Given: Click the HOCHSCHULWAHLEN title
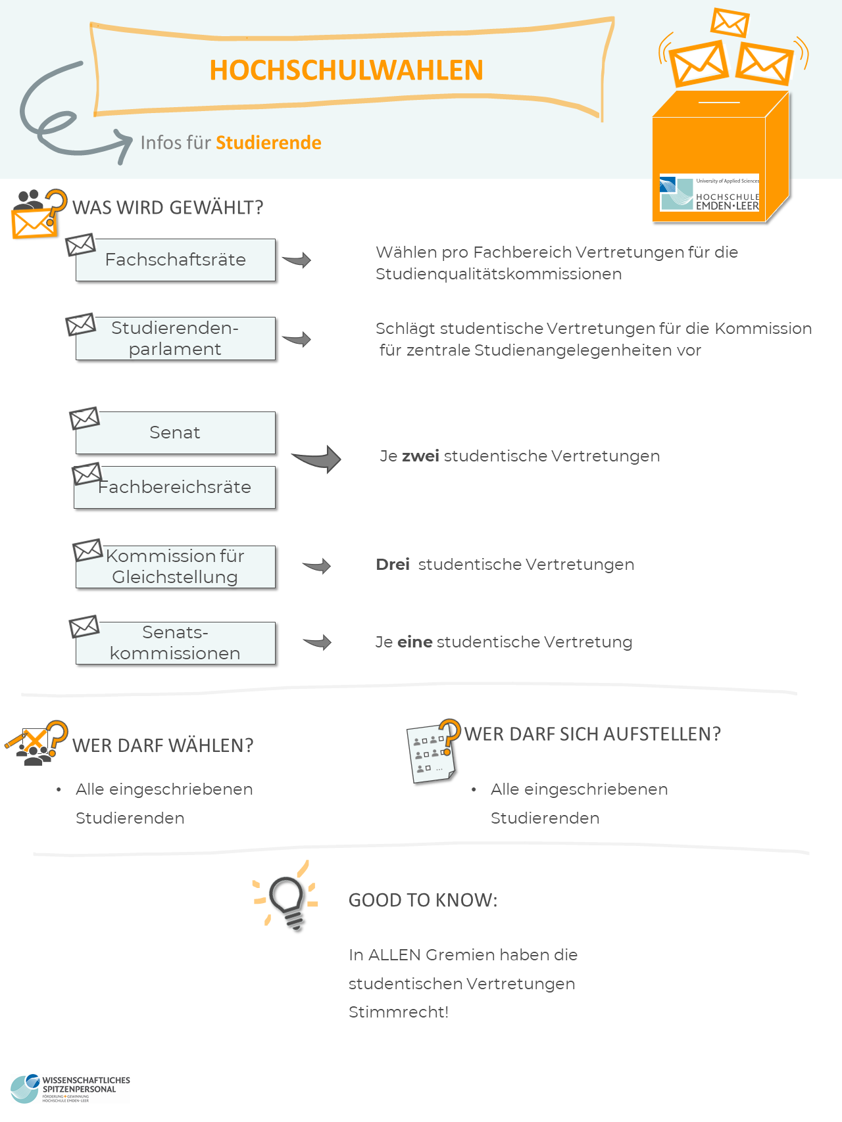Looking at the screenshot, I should coord(346,70).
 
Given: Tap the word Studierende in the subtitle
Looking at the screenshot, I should coord(268,143).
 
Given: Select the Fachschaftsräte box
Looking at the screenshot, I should coord(175,260).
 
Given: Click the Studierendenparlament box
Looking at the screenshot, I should coord(175,339).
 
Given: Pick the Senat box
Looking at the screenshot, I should coord(175,432).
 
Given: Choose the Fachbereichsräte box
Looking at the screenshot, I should coord(175,488).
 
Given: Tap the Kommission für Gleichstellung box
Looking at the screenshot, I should coord(175,567).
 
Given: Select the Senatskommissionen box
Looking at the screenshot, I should coord(175,643).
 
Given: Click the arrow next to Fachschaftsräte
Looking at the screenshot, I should coord(297,260).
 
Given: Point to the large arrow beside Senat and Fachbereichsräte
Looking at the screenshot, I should coord(317,459).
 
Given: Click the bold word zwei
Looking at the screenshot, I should coord(420,456).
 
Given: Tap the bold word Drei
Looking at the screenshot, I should coord(393,565).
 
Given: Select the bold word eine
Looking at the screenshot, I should coord(414,642).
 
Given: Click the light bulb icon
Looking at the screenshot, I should coord(287,900).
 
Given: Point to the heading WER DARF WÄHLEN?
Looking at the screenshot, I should coord(162,746).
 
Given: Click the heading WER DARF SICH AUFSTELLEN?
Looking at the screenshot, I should coord(592,734).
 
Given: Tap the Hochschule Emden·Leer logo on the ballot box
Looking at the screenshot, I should coord(709,193).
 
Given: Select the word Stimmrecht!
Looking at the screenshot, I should coord(398,1012).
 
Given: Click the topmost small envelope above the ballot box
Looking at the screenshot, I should coord(730,23).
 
